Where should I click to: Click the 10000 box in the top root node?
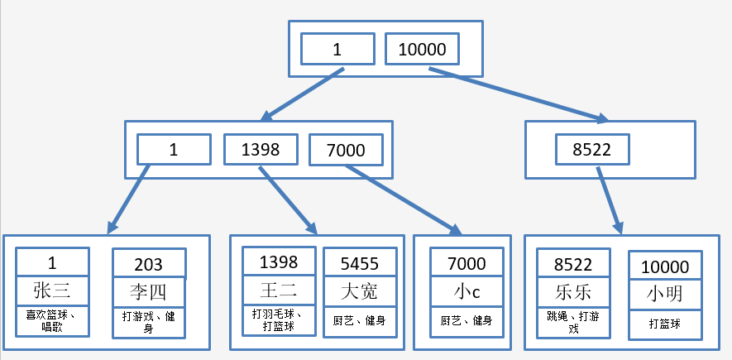422,50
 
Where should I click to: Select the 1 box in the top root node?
337,50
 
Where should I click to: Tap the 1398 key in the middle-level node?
261,150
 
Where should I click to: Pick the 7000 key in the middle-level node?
347,150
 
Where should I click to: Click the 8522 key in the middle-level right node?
592,150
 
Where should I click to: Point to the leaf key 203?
149,265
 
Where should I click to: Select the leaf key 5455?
360,263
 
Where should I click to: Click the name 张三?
52,290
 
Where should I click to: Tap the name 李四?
149,292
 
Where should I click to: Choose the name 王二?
279,290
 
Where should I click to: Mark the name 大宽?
360,290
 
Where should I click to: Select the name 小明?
665,293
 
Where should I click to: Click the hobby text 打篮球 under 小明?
665,324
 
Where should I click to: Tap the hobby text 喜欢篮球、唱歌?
52,320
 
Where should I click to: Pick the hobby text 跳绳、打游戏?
574,322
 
